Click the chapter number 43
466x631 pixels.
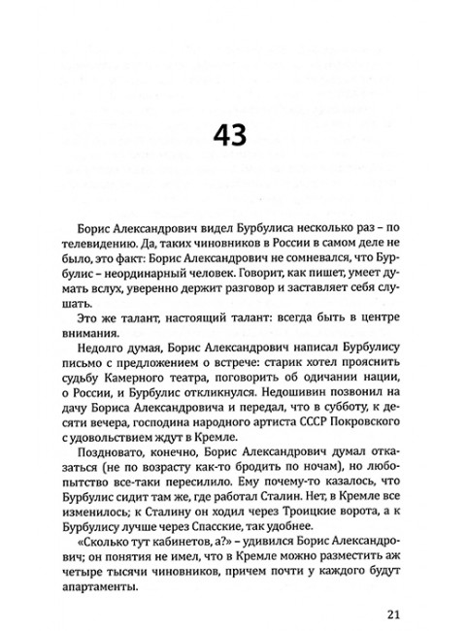point(233,134)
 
